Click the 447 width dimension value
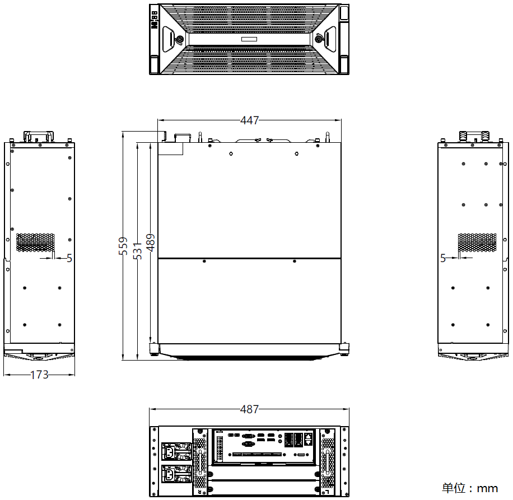(x=249, y=120)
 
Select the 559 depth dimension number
(x=123, y=246)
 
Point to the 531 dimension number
(x=138, y=251)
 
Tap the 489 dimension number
(x=151, y=242)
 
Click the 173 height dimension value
(x=39, y=375)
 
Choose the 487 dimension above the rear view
(x=249, y=409)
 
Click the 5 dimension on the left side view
(x=69, y=258)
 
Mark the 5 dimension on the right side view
(x=443, y=258)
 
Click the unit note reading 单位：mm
(x=470, y=488)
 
